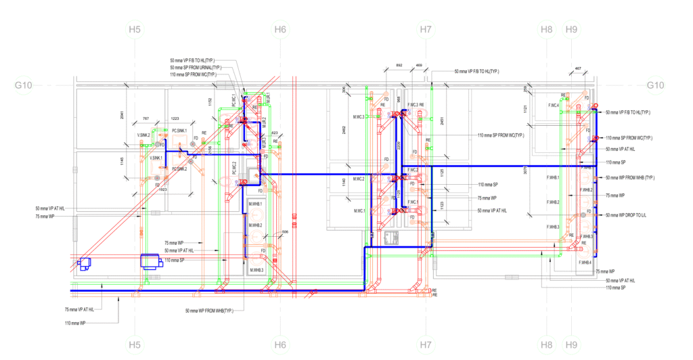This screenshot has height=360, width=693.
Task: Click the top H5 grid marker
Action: pyautogui.click(x=135, y=30)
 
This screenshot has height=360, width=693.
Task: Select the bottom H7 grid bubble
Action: pyautogui.click(x=425, y=346)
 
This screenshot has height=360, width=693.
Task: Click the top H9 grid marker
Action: pyautogui.click(x=571, y=30)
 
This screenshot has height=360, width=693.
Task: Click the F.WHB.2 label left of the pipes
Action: pyautogui.click(x=553, y=202)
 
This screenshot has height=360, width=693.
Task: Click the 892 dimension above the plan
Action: pyautogui.click(x=399, y=66)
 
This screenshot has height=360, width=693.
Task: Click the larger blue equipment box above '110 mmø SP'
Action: pyautogui.click(x=150, y=261)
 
